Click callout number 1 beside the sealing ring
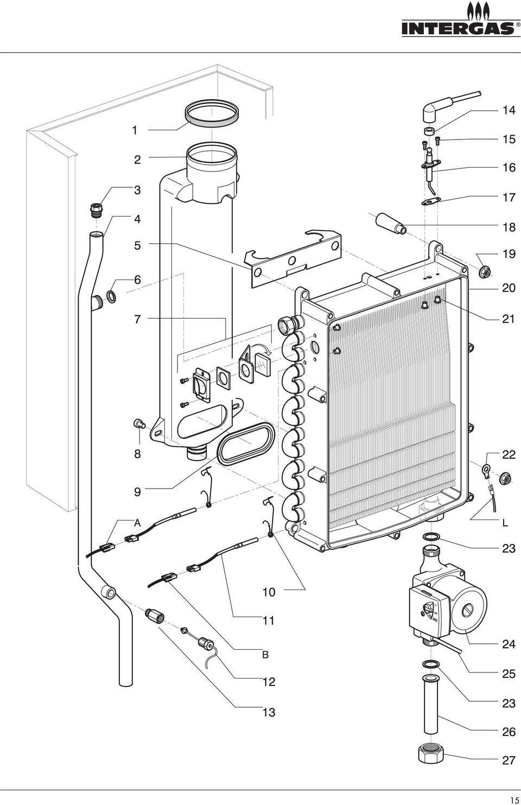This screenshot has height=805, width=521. tap(135, 130)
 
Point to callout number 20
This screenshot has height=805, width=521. tap(509, 288)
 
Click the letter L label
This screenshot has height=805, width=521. tap(505, 523)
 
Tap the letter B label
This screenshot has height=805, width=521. tap(265, 655)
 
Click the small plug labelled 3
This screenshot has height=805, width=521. tap(96, 210)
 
